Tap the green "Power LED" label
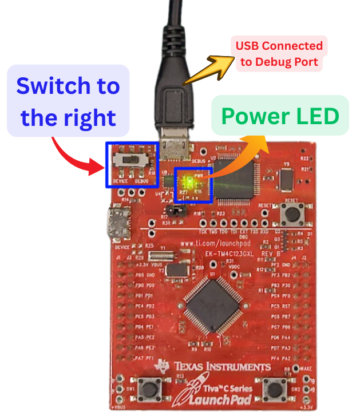(x=280, y=116)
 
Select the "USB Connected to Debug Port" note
(x=279, y=54)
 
